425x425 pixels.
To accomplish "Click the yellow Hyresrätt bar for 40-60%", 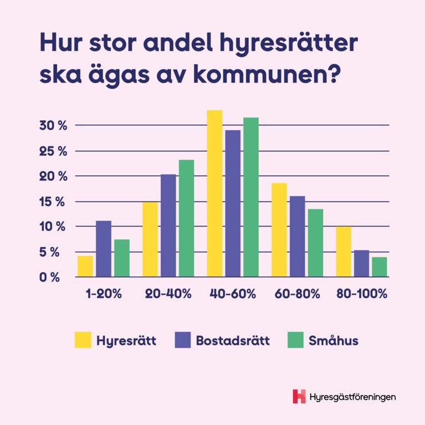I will click(x=214, y=194).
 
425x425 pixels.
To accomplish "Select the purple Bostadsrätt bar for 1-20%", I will click(x=104, y=249).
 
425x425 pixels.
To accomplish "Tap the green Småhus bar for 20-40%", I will click(x=186, y=218).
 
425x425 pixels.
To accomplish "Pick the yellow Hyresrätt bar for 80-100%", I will click(x=344, y=252).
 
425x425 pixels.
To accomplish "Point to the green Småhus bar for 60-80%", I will click(x=315, y=243).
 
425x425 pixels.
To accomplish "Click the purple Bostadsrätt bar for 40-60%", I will click(x=233, y=203).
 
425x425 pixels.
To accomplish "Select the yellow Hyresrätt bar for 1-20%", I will click(x=85, y=266).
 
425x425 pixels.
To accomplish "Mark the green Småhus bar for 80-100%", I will click(x=380, y=267).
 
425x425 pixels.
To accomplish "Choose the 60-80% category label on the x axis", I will click(x=298, y=294).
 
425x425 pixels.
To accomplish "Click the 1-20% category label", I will click(x=104, y=294).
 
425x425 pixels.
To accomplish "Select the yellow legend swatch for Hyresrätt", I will click(x=83, y=340).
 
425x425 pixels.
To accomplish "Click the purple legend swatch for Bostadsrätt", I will click(x=183, y=340).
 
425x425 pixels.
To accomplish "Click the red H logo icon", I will click(x=299, y=396).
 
